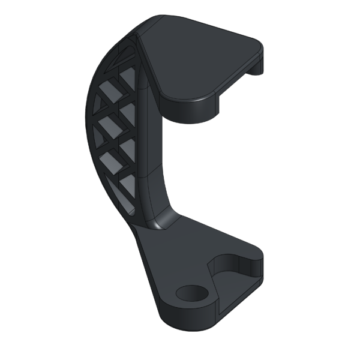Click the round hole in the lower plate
pyautogui.click(x=191, y=293)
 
